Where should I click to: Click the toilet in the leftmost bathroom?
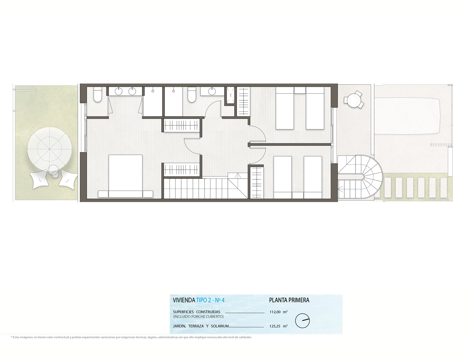(x=98, y=94)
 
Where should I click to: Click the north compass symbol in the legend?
(x=302, y=321)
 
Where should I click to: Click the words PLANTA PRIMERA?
(x=289, y=300)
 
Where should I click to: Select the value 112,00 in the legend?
(x=275, y=312)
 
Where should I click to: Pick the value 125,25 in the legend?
(x=275, y=326)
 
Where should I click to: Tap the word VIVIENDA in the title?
(x=184, y=300)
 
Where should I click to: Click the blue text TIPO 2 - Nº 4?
(x=210, y=300)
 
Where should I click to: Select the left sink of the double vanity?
(x=119, y=91)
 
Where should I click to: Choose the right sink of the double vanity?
(x=132, y=91)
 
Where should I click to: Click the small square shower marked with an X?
(x=231, y=95)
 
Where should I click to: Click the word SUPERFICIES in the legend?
(x=183, y=312)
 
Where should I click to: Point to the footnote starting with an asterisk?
(x=131, y=337)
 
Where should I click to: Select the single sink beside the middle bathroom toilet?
(x=213, y=91)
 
